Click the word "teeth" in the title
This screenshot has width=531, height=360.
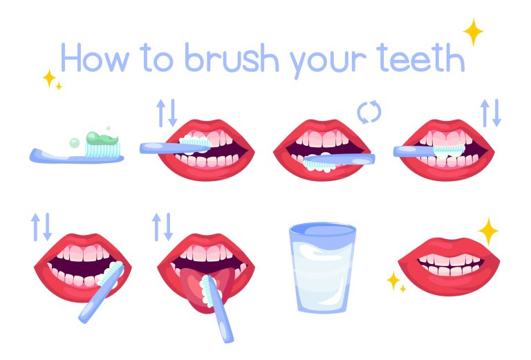(x=419, y=58)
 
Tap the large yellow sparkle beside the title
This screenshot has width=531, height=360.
(x=474, y=31)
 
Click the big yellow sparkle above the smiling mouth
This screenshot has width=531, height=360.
(x=488, y=231)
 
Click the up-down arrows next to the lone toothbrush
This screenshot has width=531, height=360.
(x=165, y=113)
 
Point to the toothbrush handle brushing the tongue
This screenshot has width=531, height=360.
(x=222, y=318)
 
